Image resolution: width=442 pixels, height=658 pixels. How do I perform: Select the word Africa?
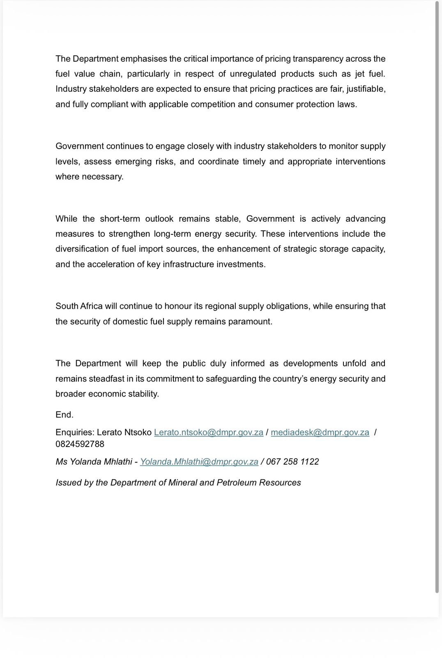(x=91, y=306)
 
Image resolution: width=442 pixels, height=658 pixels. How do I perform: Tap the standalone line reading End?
(x=64, y=415)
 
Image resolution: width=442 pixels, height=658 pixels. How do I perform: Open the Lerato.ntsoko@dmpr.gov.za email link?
(x=208, y=433)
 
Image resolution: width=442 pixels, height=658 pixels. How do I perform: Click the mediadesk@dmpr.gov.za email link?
(x=320, y=433)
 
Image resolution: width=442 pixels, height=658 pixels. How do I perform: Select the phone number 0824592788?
(x=80, y=444)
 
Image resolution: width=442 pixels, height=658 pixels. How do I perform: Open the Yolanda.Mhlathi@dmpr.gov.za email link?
(x=199, y=462)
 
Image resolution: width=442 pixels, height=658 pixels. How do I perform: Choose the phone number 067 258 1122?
(x=292, y=462)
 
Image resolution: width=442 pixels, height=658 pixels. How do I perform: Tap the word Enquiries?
(x=75, y=433)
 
